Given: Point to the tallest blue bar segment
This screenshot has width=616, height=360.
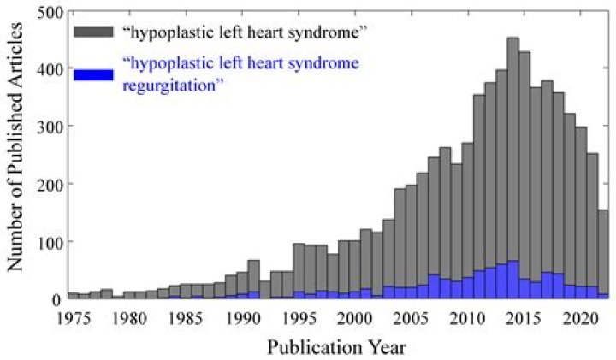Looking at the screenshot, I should (512, 280).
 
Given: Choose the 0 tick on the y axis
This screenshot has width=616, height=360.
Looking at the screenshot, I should (56, 299).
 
